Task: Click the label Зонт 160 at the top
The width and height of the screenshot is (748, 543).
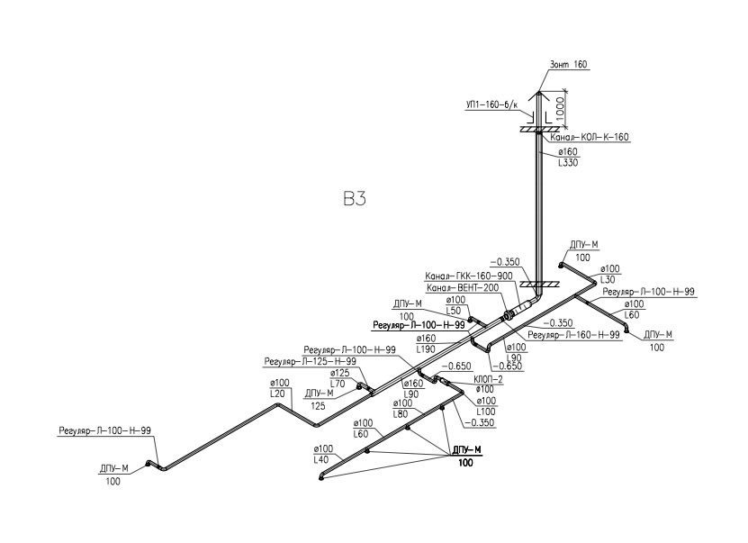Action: click(x=567, y=66)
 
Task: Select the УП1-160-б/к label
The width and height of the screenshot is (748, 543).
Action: click(x=491, y=104)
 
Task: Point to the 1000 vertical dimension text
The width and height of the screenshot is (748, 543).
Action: click(x=559, y=112)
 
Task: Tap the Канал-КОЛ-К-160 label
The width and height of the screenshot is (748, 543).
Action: click(x=590, y=138)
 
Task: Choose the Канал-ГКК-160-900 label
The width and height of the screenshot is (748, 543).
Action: click(x=467, y=276)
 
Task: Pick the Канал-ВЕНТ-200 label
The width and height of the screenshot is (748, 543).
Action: click(x=462, y=288)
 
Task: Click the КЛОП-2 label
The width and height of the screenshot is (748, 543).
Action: click(x=489, y=379)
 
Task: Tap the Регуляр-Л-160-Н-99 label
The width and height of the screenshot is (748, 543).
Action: click(x=572, y=335)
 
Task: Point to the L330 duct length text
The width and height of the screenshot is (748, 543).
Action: click(x=567, y=163)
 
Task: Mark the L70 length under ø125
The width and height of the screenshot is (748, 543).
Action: click(x=339, y=384)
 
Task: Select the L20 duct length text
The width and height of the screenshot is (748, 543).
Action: click(x=278, y=394)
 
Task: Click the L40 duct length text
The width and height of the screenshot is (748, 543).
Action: click(x=321, y=459)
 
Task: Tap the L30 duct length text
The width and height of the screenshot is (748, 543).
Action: click(x=609, y=281)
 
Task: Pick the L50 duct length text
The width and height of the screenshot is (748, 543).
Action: click(x=455, y=311)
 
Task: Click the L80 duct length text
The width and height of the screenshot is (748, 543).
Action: click(x=402, y=414)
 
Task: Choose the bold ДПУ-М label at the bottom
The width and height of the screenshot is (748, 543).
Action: click(x=464, y=449)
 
